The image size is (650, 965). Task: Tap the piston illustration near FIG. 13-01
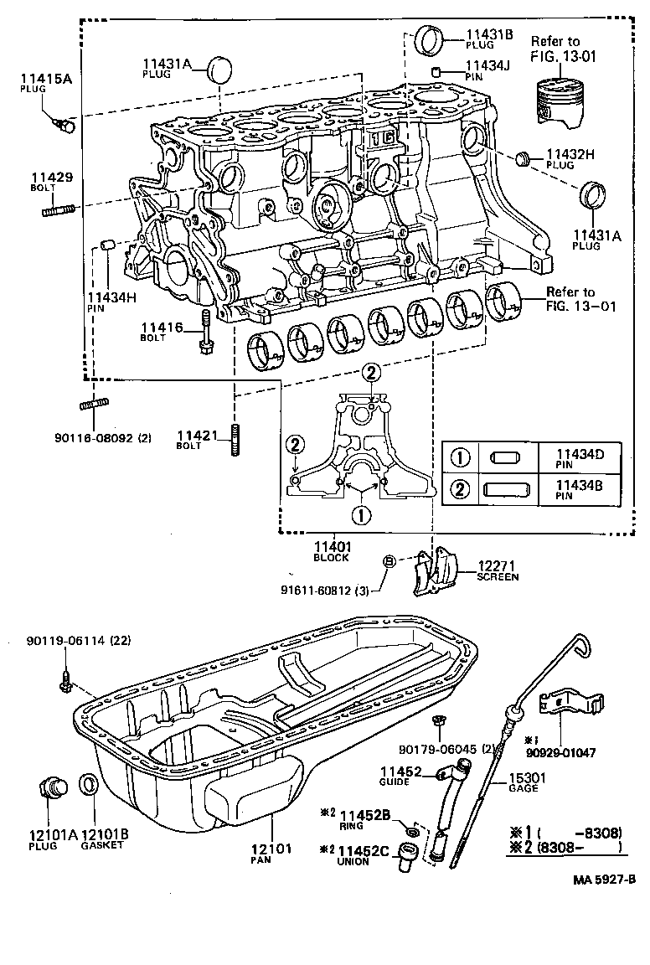click(555, 101)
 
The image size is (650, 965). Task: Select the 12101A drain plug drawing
click(54, 787)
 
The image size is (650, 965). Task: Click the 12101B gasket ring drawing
click(88, 787)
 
